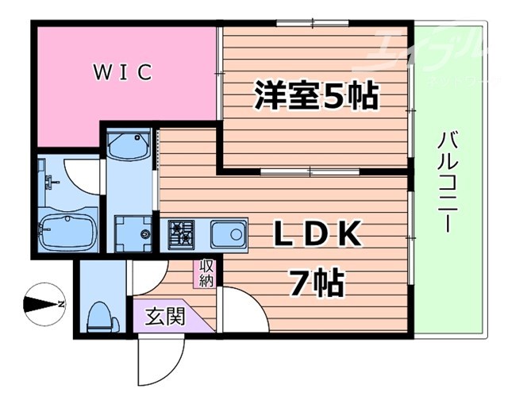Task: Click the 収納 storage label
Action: pyautogui.click(x=206, y=273)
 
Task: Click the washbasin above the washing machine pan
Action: pyautogui.click(x=127, y=147)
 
